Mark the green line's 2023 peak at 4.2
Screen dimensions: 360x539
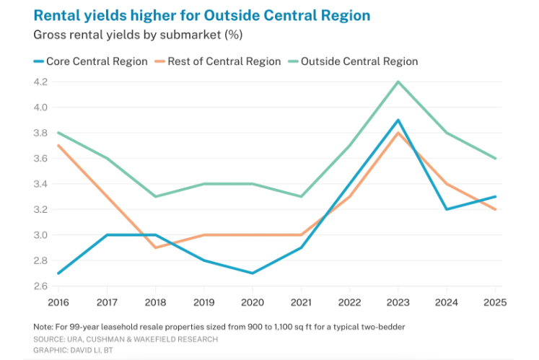(398, 82)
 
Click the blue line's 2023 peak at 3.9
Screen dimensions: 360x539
(398, 120)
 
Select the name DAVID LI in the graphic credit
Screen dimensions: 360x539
(84, 349)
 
